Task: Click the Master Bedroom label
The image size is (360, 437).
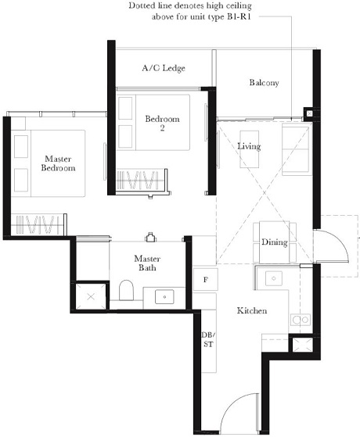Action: [59, 163]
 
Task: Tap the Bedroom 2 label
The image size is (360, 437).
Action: [162, 124]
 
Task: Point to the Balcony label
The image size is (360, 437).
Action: [264, 83]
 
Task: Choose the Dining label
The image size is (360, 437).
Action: [274, 242]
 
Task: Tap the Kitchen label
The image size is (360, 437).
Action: [252, 311]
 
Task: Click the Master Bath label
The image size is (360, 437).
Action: [147, 263]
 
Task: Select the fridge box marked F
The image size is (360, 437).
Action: [205, 279]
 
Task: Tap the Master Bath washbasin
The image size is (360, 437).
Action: [165, 296]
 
